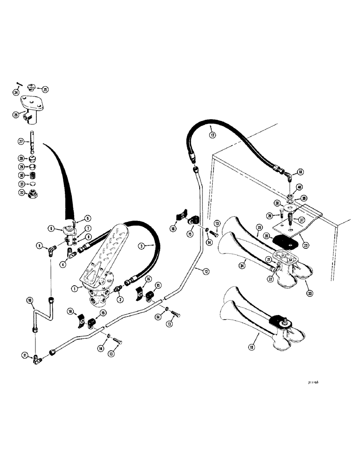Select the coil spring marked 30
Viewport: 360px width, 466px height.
(33, 175)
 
